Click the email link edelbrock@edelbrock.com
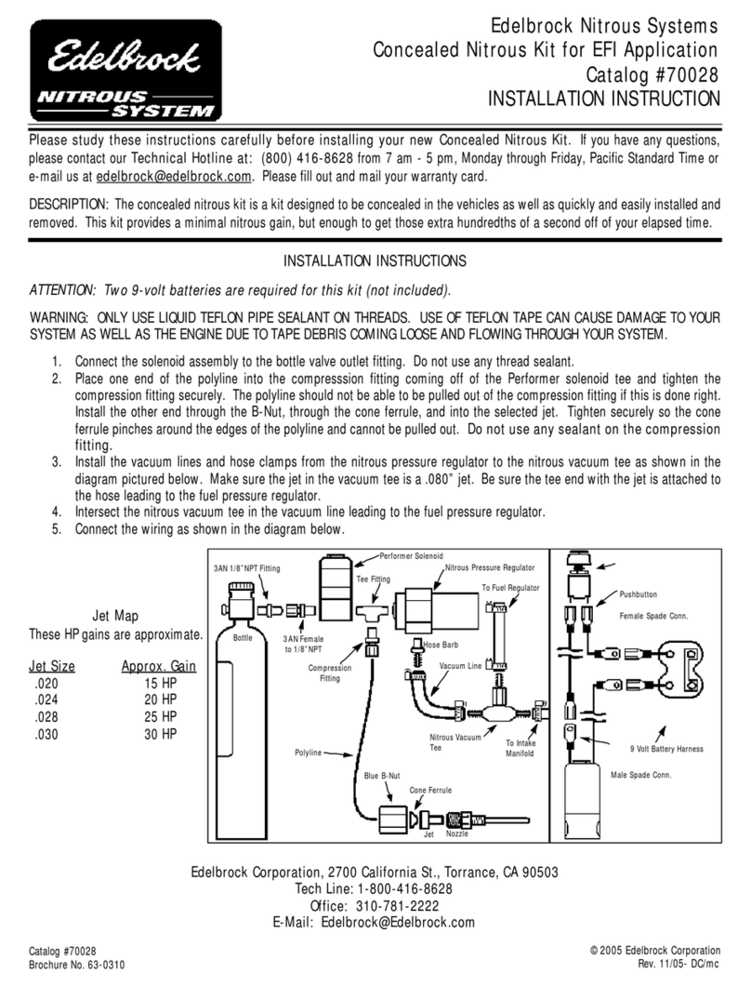[x=174, y=176]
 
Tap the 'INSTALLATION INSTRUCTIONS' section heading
[x=375, y=261]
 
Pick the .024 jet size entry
[x=42, y=700]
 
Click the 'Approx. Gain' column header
[x=159, y=666]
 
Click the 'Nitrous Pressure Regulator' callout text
[x=490, y=566]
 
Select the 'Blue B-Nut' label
[x=381, y=774]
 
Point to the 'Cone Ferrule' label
[x=430, y=790]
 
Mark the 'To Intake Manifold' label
[x=520, y=748]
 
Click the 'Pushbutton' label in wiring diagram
[x=640, y=593]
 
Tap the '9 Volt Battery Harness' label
[x=666, y=749]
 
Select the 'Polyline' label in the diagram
[x=308, y=750]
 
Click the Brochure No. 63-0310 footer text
[x=77, y=965]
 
